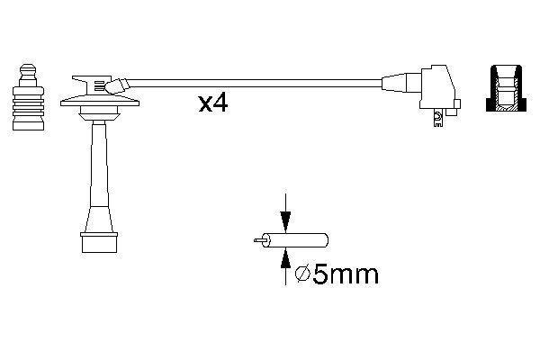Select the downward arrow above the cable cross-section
tap(285, 216)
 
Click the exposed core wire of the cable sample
tap(262, 241)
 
